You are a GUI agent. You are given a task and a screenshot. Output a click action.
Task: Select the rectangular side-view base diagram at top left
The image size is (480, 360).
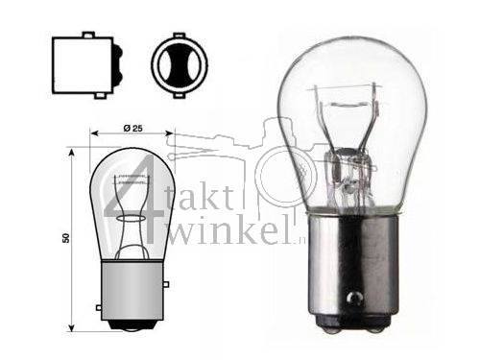click(78, 66)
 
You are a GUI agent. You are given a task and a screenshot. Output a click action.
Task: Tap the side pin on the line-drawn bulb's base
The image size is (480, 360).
click(100, 307)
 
